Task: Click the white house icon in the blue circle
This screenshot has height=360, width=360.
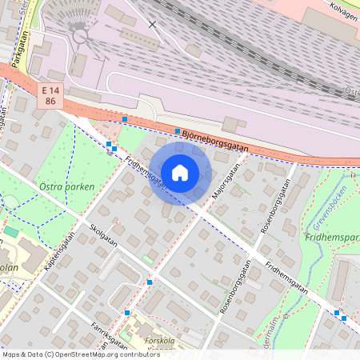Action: pos(180,172)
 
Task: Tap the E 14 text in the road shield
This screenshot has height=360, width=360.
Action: pos(50,91)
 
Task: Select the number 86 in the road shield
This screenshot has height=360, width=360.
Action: pos(50,102)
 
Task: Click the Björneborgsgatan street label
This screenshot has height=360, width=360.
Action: pos(214,142)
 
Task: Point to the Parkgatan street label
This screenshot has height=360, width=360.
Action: pos(16,49)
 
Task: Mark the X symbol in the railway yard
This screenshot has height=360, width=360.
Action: pos(153,25)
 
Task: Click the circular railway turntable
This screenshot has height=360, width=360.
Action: pos(79,35)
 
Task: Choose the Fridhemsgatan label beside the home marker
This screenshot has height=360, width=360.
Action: pos(146,173)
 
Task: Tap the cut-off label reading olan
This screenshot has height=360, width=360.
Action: pos(8,268)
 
